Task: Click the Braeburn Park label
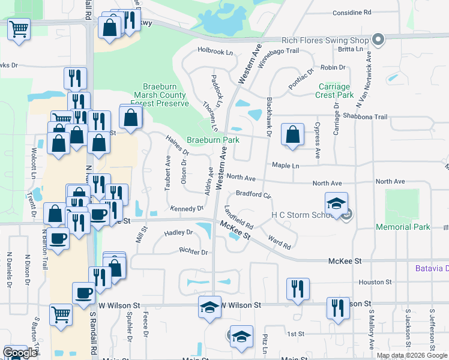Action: [x=212, y=140]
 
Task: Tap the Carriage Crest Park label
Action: [x=336, y=91]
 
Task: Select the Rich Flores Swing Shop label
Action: [x=325, y=40]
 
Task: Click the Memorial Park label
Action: [x=403, y=227]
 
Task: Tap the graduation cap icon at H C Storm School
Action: [x=336, y=202]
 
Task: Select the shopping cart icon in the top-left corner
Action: [x=19, y=28]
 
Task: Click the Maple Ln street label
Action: [x=285, y=165]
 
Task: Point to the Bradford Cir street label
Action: [x=253, y=194]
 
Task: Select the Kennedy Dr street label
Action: [x=187, y=208]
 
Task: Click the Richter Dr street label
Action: [x=193, y=252]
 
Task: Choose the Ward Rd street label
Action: [x=280, y=242]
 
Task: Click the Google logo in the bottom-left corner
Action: [x=19, y=353]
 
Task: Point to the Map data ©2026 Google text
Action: [x=412, y=355]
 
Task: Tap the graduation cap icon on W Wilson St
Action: [x=209, y=308]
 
